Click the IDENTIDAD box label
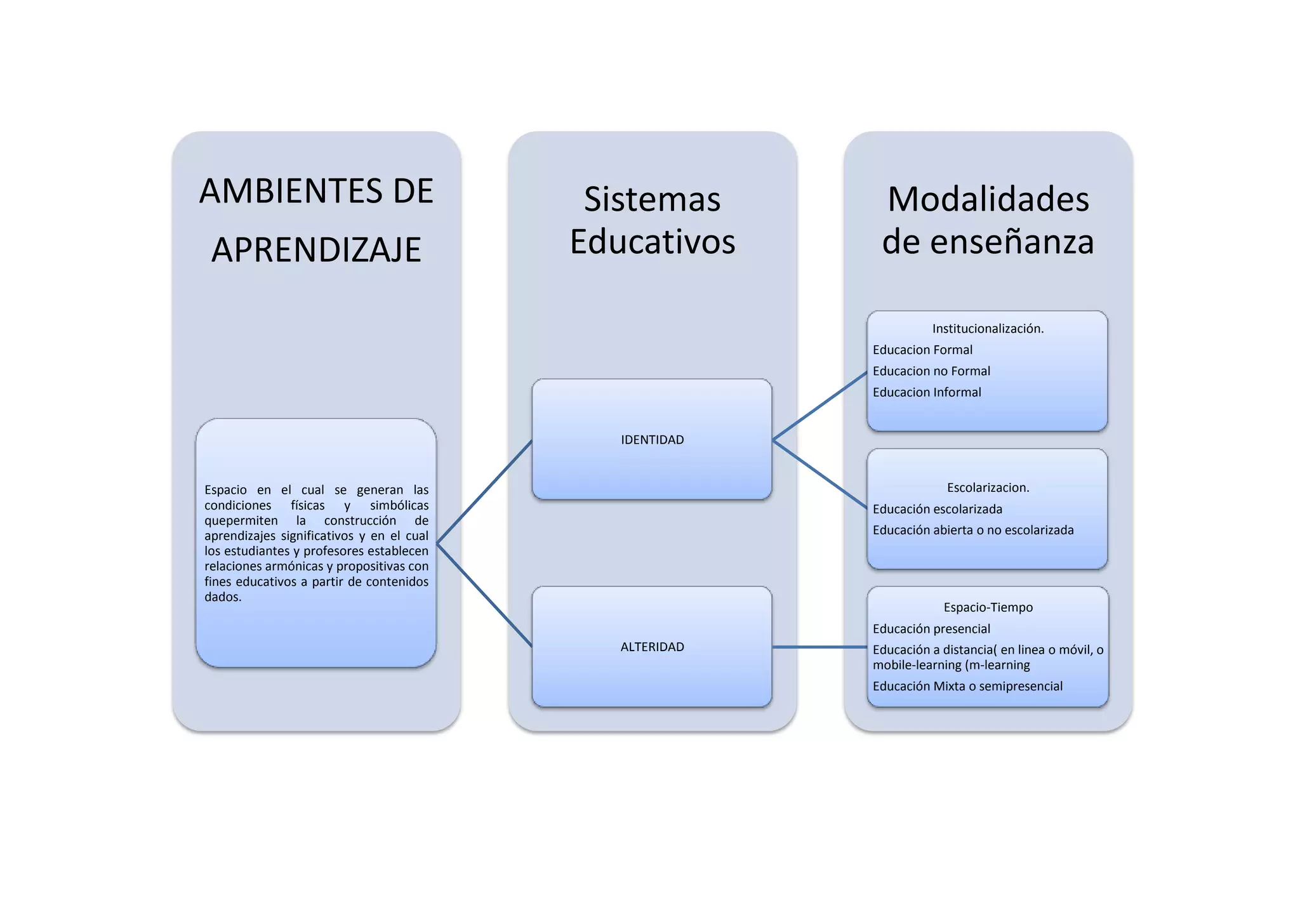(652, 440)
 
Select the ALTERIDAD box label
(652, 647)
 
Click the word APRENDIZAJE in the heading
(316, 249)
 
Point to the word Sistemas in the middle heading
(652, 199)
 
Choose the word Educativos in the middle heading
(652, 242)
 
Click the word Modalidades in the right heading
(988, 199)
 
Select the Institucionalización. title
(988, 329)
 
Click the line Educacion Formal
(922, 350)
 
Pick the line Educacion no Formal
(931, 371)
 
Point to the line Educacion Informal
(927, 392)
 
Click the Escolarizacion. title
(988, 487)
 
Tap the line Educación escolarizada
(938, 509)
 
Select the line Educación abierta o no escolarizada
(973, 530)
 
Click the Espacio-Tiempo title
(988, 607)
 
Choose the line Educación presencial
(931, 629)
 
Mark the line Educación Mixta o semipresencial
(967, 686)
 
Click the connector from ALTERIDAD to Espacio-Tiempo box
(819, 647)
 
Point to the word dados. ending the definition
(223, 597)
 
